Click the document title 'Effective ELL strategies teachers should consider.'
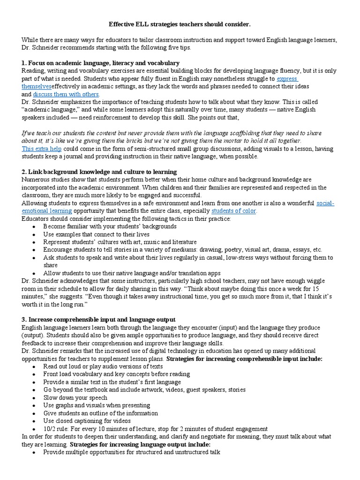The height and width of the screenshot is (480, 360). coord(180,23)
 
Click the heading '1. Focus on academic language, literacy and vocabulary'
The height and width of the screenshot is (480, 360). coord(100,63)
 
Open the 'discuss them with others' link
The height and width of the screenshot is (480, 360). coord(66,94)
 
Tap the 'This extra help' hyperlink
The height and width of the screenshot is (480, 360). coord(41,148)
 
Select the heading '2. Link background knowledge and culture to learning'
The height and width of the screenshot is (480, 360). coord(99,172)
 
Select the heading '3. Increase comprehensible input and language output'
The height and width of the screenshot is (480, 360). coord(98,319)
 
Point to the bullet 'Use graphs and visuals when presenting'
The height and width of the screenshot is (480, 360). coord(97,405)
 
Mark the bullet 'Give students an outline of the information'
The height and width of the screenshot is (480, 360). coord(101,413)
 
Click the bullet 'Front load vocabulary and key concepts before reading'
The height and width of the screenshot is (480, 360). coord(116,374)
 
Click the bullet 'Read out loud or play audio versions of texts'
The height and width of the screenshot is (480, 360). coord(103,366)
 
